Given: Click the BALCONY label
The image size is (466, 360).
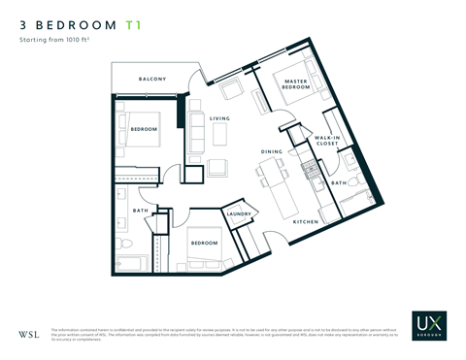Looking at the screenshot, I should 151,79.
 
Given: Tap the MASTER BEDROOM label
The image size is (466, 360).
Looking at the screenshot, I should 296,84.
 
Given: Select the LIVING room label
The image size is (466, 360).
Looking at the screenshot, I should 219,119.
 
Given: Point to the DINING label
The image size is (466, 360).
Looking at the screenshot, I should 271,152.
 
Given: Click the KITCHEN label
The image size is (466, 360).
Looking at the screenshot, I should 306,222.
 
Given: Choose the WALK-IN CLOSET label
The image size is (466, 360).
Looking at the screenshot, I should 326,143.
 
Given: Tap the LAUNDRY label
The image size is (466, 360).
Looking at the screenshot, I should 239,214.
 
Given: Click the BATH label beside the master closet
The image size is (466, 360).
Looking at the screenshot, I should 338,181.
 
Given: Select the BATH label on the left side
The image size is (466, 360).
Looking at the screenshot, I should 141,210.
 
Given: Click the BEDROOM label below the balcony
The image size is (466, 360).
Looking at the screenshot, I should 144,129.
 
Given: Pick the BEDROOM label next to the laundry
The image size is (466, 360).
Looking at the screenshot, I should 204,242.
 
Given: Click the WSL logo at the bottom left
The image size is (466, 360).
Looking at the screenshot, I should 29,335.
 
